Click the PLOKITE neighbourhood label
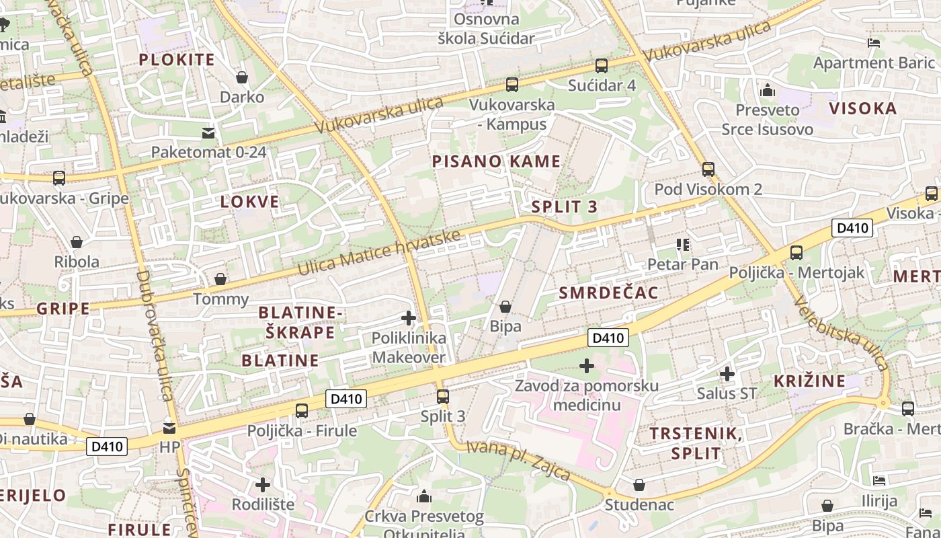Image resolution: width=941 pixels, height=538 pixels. (x=177, y=59)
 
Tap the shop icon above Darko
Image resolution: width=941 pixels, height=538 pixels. (x=242, y=77)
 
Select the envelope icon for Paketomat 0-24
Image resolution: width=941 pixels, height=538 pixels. (x=208, y=132)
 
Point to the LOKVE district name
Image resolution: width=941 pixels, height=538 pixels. (x=249, y=202)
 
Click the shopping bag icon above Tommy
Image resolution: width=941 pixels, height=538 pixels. (x=220, y=279)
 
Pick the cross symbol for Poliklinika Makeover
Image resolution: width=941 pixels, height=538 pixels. (x=409, y=318)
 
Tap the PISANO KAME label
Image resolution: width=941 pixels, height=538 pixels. (x=496, y=161)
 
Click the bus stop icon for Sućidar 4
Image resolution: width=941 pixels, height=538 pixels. (x=601, y=66)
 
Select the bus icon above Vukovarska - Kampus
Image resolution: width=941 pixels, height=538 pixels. (x=512, y=85)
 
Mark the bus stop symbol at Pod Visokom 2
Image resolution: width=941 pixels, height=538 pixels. (x=708, y=169)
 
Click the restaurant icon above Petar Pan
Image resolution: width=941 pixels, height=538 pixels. (x=683, y=245)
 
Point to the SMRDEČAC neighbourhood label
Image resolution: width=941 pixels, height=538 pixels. (x=609, y=293)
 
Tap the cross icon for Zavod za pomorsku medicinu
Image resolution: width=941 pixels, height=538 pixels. (x=587, y=366)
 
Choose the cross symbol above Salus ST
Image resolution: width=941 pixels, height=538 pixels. (x=727, y=373)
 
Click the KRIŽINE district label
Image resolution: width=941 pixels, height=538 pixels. (x=809, y=381)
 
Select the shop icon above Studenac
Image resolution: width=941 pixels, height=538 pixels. (x=639, y=485)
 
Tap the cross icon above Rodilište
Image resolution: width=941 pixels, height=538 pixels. (x=263, y=484)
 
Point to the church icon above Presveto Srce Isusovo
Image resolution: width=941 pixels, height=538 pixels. (x=767, y=90)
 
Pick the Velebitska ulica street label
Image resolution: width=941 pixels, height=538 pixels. (x=840, y=334)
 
